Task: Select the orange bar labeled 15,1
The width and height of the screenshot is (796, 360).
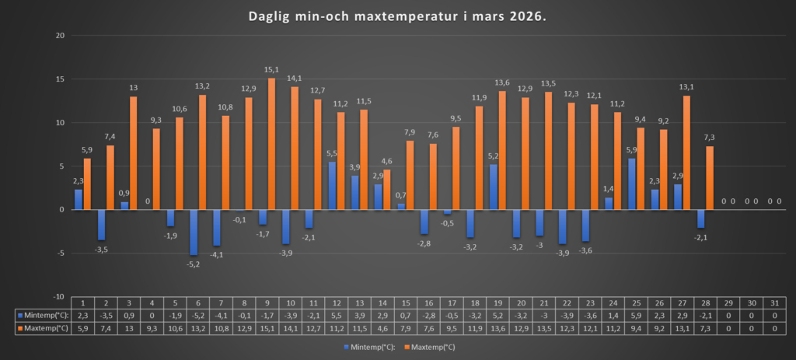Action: click(x=272, y=144)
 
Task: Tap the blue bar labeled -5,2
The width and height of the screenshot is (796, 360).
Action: click(x=194, y=232)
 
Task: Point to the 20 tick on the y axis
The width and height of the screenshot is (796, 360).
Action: click(x=59, y=36)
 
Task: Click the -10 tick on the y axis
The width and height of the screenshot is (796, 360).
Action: click(x=58, y=296)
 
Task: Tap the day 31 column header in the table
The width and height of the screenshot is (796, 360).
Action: click(x=774, y=302)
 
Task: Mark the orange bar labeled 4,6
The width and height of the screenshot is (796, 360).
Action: click(x=387, y=190)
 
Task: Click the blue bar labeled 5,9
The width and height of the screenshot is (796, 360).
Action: click(x=631, y=184)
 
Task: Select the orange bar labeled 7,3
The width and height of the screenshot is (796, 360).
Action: click(x=710, y=178)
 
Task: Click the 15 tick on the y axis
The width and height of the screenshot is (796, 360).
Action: click(x=59, y=79)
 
